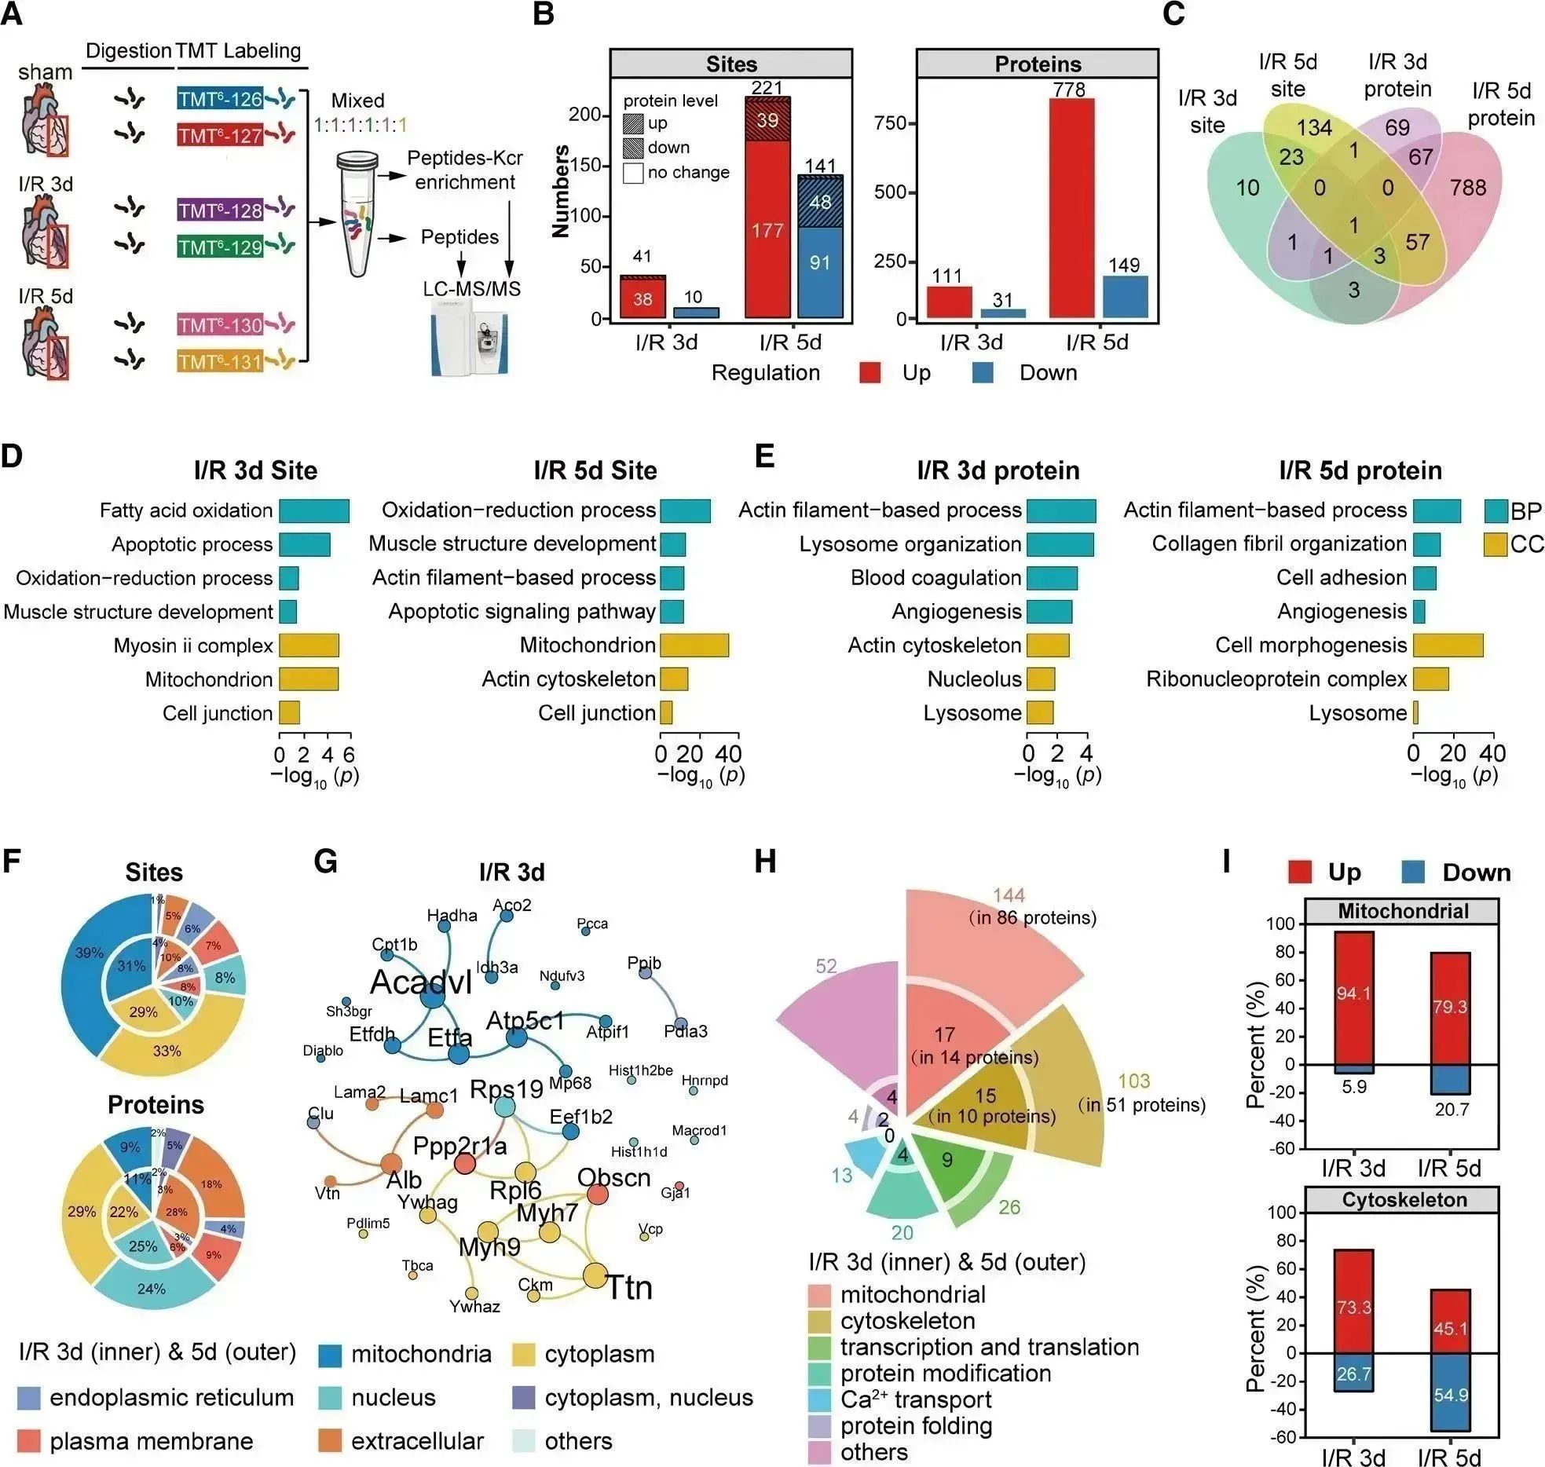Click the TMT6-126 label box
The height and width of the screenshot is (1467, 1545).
click(220, 99)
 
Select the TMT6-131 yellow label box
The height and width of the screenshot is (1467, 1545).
click(220, 362)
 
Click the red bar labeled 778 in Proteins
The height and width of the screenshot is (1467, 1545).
click(1069, 208)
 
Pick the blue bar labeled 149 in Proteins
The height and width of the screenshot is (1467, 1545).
click(1124, 297)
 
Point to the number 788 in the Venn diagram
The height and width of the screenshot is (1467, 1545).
click(1468, 188)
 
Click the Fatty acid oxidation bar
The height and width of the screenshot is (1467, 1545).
click(314, 510)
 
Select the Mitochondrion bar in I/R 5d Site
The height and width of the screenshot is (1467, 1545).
click(694, 646)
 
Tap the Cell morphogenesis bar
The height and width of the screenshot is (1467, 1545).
click(1448, 646)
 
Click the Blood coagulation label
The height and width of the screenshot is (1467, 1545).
click(935, 578)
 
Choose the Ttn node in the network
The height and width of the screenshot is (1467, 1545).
click(595, 1275)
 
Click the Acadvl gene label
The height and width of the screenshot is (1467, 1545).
click(421, 982)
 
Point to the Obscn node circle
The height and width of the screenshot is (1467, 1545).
click(598, 1194)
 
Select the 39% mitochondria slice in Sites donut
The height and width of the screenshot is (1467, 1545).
click(89, 953)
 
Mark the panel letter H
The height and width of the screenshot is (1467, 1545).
click(764, 862)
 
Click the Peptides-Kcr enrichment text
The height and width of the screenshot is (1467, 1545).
click(465, 170)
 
